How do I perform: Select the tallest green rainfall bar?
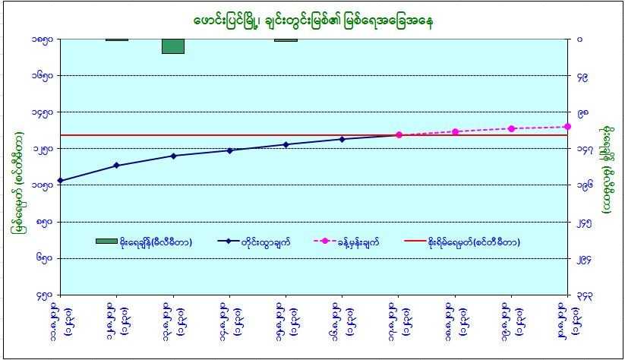[173, 46]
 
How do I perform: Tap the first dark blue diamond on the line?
[60, 181]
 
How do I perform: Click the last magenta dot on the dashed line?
[567, 127]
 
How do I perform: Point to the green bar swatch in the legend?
[106, 242]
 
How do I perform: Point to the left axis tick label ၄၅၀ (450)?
[44, 295]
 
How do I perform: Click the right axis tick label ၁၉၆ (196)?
[583, 185]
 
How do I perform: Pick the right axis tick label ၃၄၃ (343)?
[583, 295]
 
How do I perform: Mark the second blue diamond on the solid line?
[116, 165]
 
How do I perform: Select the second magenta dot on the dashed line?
[456, 131]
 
